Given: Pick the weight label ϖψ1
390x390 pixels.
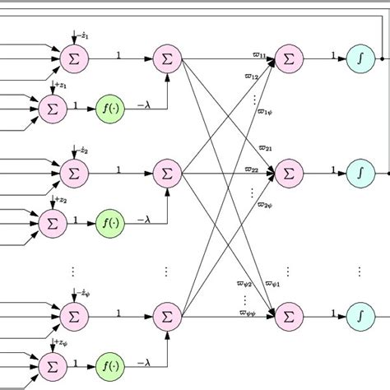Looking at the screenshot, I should coord(272,284).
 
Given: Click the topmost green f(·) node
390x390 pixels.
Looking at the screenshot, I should coord(109,106).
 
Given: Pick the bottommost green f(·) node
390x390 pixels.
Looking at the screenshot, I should coord(109,363).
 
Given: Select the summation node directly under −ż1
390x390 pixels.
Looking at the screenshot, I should coord(73,58).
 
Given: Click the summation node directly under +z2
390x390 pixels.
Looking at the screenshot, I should coord(52,222).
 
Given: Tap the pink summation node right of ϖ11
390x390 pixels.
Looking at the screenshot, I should coord(289,58).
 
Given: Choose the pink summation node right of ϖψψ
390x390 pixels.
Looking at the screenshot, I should coord(289,314).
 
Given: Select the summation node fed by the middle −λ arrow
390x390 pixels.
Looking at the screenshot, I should coord(167,174).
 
